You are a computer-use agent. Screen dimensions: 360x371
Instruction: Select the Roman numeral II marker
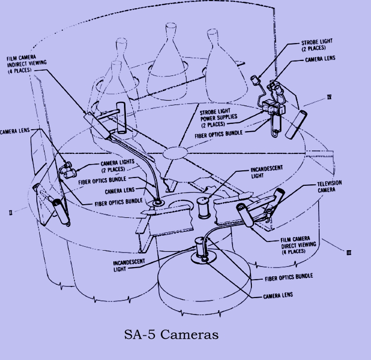click(x=11, y=211)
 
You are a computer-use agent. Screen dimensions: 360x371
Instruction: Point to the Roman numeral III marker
click(x=349, y=252)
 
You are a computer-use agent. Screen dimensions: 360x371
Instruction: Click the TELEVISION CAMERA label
click(x=329, y=187)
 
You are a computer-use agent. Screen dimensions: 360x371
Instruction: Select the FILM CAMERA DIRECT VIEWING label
click(x=298, y=245)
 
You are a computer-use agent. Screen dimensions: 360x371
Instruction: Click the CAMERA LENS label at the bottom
click(x=278, y=295)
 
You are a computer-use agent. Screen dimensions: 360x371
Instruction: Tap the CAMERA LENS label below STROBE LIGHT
click(x=320, y=59)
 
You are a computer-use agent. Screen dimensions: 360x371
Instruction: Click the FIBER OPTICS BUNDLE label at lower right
click(x=289, y=276)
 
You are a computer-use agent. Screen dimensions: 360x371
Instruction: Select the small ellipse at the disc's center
click(x=174, y=153)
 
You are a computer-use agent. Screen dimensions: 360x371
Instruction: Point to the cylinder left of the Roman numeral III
click(x=245, y=215)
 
